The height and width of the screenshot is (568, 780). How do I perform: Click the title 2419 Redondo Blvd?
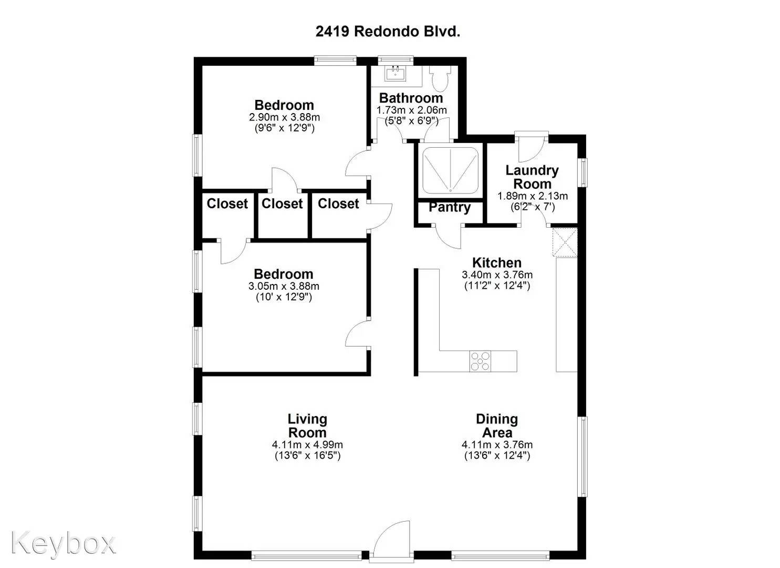coord(388,31)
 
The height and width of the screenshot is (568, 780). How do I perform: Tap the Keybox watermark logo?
coord(63,542)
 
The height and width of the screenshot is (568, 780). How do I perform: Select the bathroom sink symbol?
coord(395,74)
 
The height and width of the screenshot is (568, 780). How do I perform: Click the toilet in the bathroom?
coord(438,78)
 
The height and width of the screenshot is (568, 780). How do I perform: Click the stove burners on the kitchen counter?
coord(480,361)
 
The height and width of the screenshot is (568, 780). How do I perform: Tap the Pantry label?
coord(449,207)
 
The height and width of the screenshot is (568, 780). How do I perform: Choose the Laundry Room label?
coord(532,177)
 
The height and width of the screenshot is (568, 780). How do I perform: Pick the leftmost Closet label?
coord(227,204)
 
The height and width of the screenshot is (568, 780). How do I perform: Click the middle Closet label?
coord(282,204)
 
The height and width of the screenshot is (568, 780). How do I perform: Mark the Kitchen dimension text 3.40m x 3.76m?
coord(497,275)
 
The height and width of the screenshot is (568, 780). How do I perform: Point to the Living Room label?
coord(307,426)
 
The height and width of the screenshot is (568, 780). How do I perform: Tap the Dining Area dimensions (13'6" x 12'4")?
coord(497,455)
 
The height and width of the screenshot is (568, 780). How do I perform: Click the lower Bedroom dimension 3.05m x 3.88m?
coord(284,286)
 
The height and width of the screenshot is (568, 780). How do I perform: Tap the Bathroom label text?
coord(411,98)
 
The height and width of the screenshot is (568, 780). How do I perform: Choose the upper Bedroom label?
coord(284,105)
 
